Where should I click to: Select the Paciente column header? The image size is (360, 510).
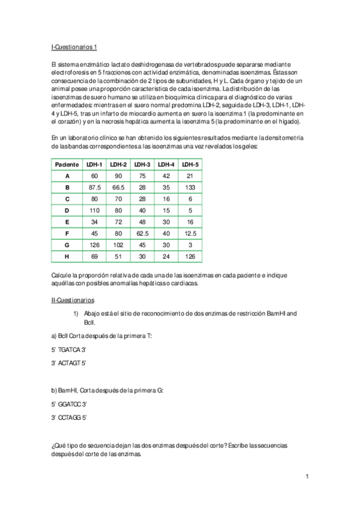[67, 164]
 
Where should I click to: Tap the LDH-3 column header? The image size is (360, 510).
[142, 164]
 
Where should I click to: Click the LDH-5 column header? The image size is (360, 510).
[191, 164]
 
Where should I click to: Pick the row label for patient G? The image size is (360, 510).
[67, 244]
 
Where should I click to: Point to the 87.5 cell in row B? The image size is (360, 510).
[94, 187]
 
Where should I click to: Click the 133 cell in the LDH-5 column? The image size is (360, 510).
[191, 187]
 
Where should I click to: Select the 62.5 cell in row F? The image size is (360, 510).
[142, 233]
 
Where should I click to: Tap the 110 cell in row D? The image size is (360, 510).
[94, 210]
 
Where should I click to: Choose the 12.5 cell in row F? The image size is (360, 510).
[191, 233]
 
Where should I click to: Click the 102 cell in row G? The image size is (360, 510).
[118, 244]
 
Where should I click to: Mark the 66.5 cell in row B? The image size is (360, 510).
[118, 187]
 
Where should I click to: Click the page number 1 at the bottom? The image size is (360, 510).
[307, 477]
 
